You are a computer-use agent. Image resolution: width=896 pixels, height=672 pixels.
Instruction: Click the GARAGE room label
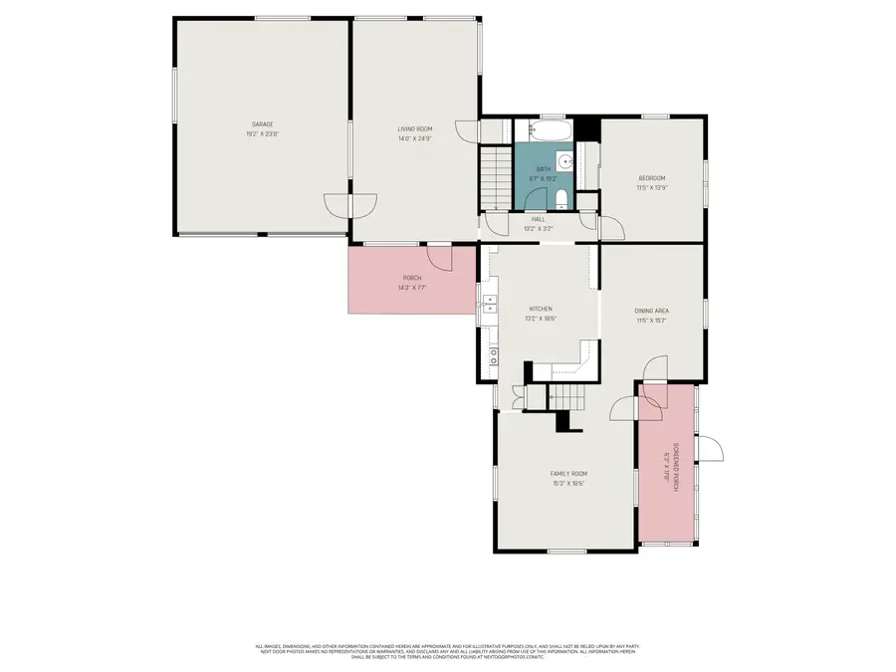point(261,124)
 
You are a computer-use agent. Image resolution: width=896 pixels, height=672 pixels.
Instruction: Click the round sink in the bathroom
point(564,160)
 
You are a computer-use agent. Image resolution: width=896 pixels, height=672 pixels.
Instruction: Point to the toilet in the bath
point(560,196)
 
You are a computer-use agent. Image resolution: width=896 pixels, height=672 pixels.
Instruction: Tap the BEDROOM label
point(652,178)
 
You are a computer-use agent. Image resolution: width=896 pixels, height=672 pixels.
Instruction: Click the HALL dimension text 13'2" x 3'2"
point(539,228)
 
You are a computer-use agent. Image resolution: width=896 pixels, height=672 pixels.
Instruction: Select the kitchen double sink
point(489,306)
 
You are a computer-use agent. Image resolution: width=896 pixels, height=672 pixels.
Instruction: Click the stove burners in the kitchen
point(492,352)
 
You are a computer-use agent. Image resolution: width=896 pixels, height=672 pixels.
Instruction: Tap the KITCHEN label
point(541,309)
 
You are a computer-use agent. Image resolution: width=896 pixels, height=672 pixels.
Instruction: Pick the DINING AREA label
point(651,311)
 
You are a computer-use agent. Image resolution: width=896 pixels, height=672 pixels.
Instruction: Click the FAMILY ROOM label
point(568,474)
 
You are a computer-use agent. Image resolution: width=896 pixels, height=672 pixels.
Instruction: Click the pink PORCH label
point(412,278)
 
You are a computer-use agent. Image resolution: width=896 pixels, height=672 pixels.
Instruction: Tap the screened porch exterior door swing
point(710,448)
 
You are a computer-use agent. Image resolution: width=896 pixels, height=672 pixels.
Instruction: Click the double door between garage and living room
point(350,204)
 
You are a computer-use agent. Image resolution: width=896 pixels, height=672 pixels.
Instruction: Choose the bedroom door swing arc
point(612,228)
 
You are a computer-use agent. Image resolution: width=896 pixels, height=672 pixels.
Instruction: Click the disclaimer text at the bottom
point(447,651)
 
